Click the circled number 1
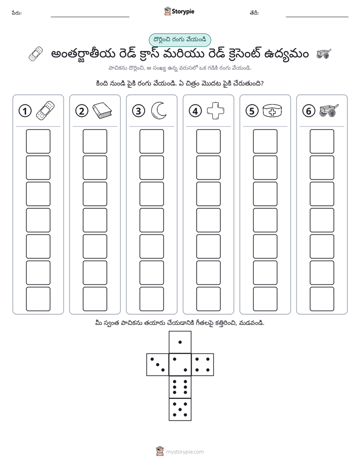click(x=25, y=111)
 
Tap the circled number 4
click(x=195, y=111)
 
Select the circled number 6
click(x=309, y=111)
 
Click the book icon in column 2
click(x=102, y=110)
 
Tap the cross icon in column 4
click(x=215, y=111)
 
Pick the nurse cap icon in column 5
click(x=272, y=110)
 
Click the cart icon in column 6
click(x=329, y=110)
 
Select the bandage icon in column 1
click(x=45, y=111)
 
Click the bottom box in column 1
click(x=38, y=299)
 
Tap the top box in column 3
click(x=151, y=141)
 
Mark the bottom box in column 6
click(x=322, y=299)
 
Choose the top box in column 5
click(x=265, y=141)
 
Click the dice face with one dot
click(x=180, y=342)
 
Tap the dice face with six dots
click(x=180, y=387)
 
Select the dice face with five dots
click(x=180, y=410)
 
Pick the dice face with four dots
click(x=203, y=365)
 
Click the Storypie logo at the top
click(x=179, y=12)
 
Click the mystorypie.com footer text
click(x=185, y=452)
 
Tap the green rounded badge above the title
click(x=179, y=40)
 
